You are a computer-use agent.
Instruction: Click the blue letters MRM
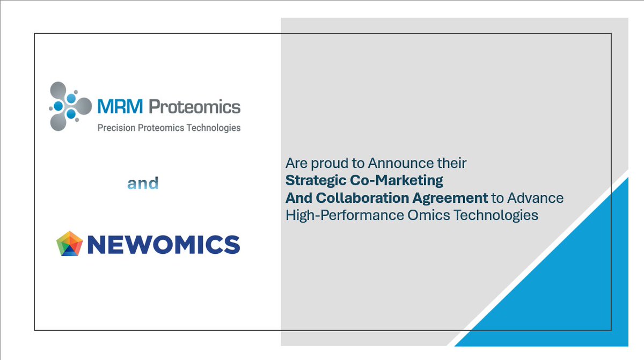pyautogui.click(x=120, y=107)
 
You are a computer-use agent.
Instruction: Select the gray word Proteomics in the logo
pyautogui.click(x=194, y=107)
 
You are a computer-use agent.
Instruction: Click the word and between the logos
pyautogui.click(x=143, y=184)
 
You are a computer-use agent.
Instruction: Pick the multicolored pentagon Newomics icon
pyautogui.click(x=70, y=244)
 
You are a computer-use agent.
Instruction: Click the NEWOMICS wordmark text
pyautogui.click(x=163, y=245)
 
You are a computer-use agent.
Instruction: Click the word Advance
pyautogui.click(x=536, y=198)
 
